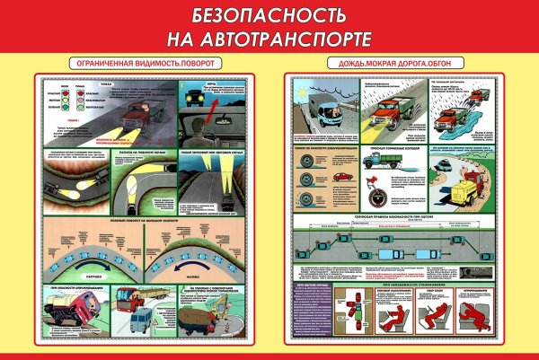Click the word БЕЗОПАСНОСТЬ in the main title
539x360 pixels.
(269, 17)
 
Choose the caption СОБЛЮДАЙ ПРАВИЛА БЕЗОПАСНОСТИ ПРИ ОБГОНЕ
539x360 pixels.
(393, 217)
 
